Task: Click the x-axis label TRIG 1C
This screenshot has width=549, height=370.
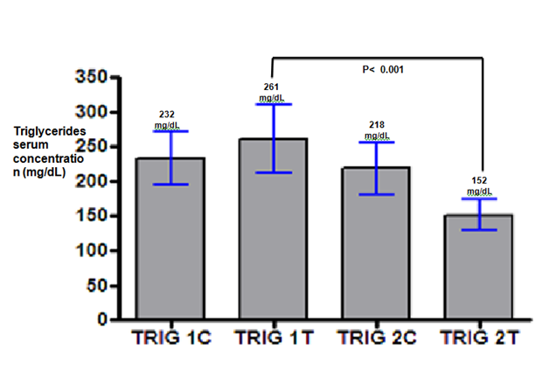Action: [168, 336]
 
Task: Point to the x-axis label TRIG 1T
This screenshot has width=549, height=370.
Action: [272, 336]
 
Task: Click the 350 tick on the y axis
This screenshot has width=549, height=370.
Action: [89, 78]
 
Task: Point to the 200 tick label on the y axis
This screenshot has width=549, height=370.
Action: [89, 181]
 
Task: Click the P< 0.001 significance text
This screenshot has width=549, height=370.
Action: [384, 69]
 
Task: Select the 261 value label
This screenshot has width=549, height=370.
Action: [272, 87]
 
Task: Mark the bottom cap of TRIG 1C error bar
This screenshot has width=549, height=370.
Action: [170, 185]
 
